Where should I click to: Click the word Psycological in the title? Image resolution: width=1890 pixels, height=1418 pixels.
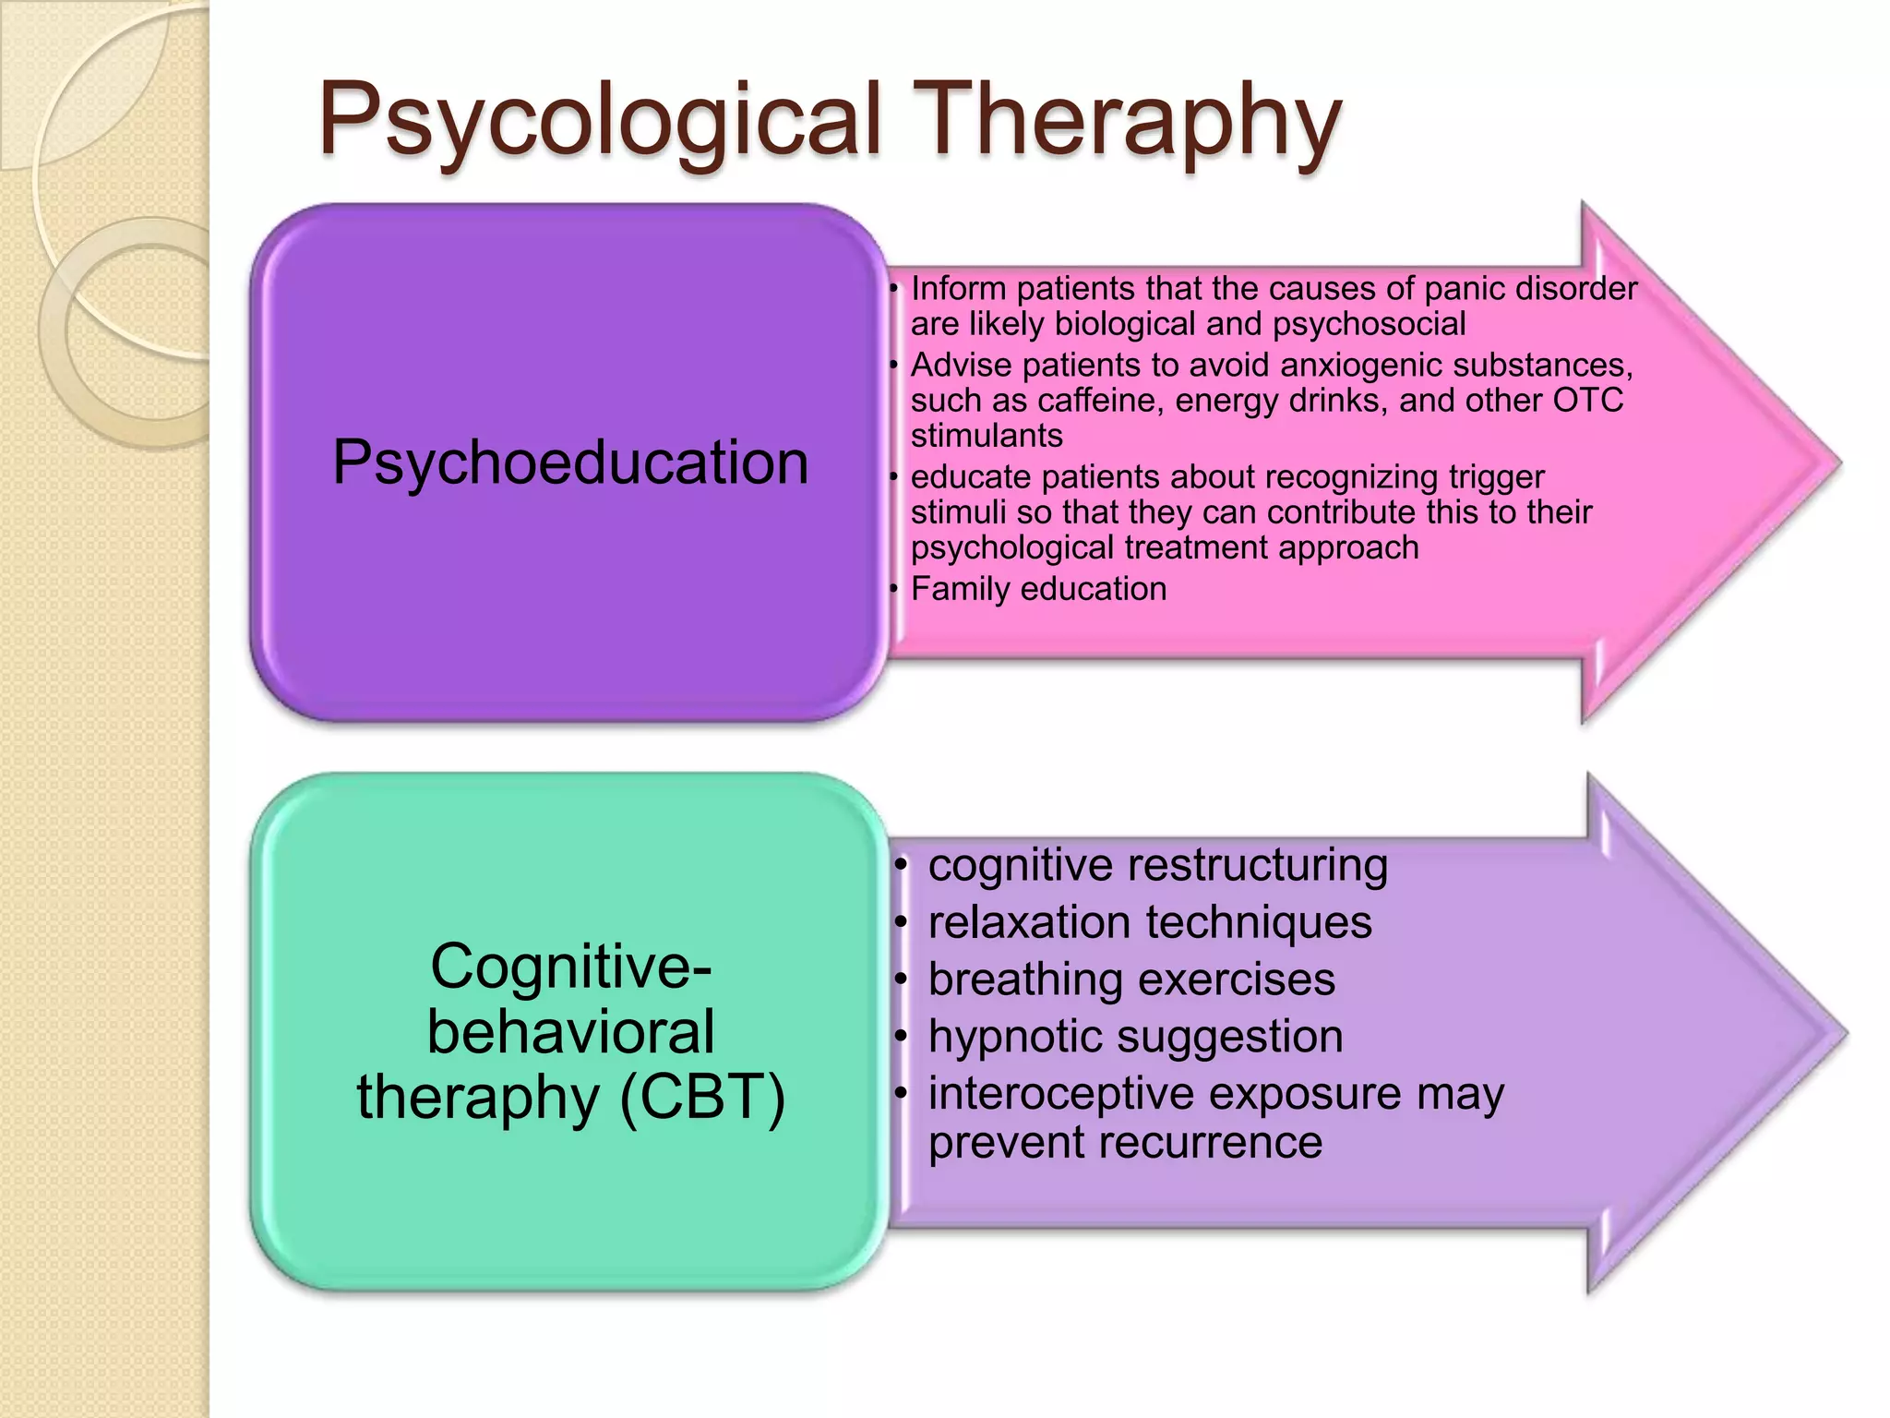600,120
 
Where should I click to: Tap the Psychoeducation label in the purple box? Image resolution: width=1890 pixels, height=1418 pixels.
570,462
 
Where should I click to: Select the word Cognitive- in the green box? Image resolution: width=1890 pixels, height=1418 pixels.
570,967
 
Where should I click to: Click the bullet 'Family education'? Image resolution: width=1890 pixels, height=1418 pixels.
1038,589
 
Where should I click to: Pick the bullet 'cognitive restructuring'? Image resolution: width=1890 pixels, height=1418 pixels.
1157,866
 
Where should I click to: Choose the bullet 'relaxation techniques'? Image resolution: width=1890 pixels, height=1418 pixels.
1150,923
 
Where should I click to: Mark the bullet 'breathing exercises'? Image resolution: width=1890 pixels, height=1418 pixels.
1131,979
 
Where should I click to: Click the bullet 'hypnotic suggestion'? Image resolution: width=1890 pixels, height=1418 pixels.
1135,1037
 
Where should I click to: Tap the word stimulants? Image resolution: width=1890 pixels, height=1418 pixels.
987,436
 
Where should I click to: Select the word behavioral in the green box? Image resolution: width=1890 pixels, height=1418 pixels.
570,1032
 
